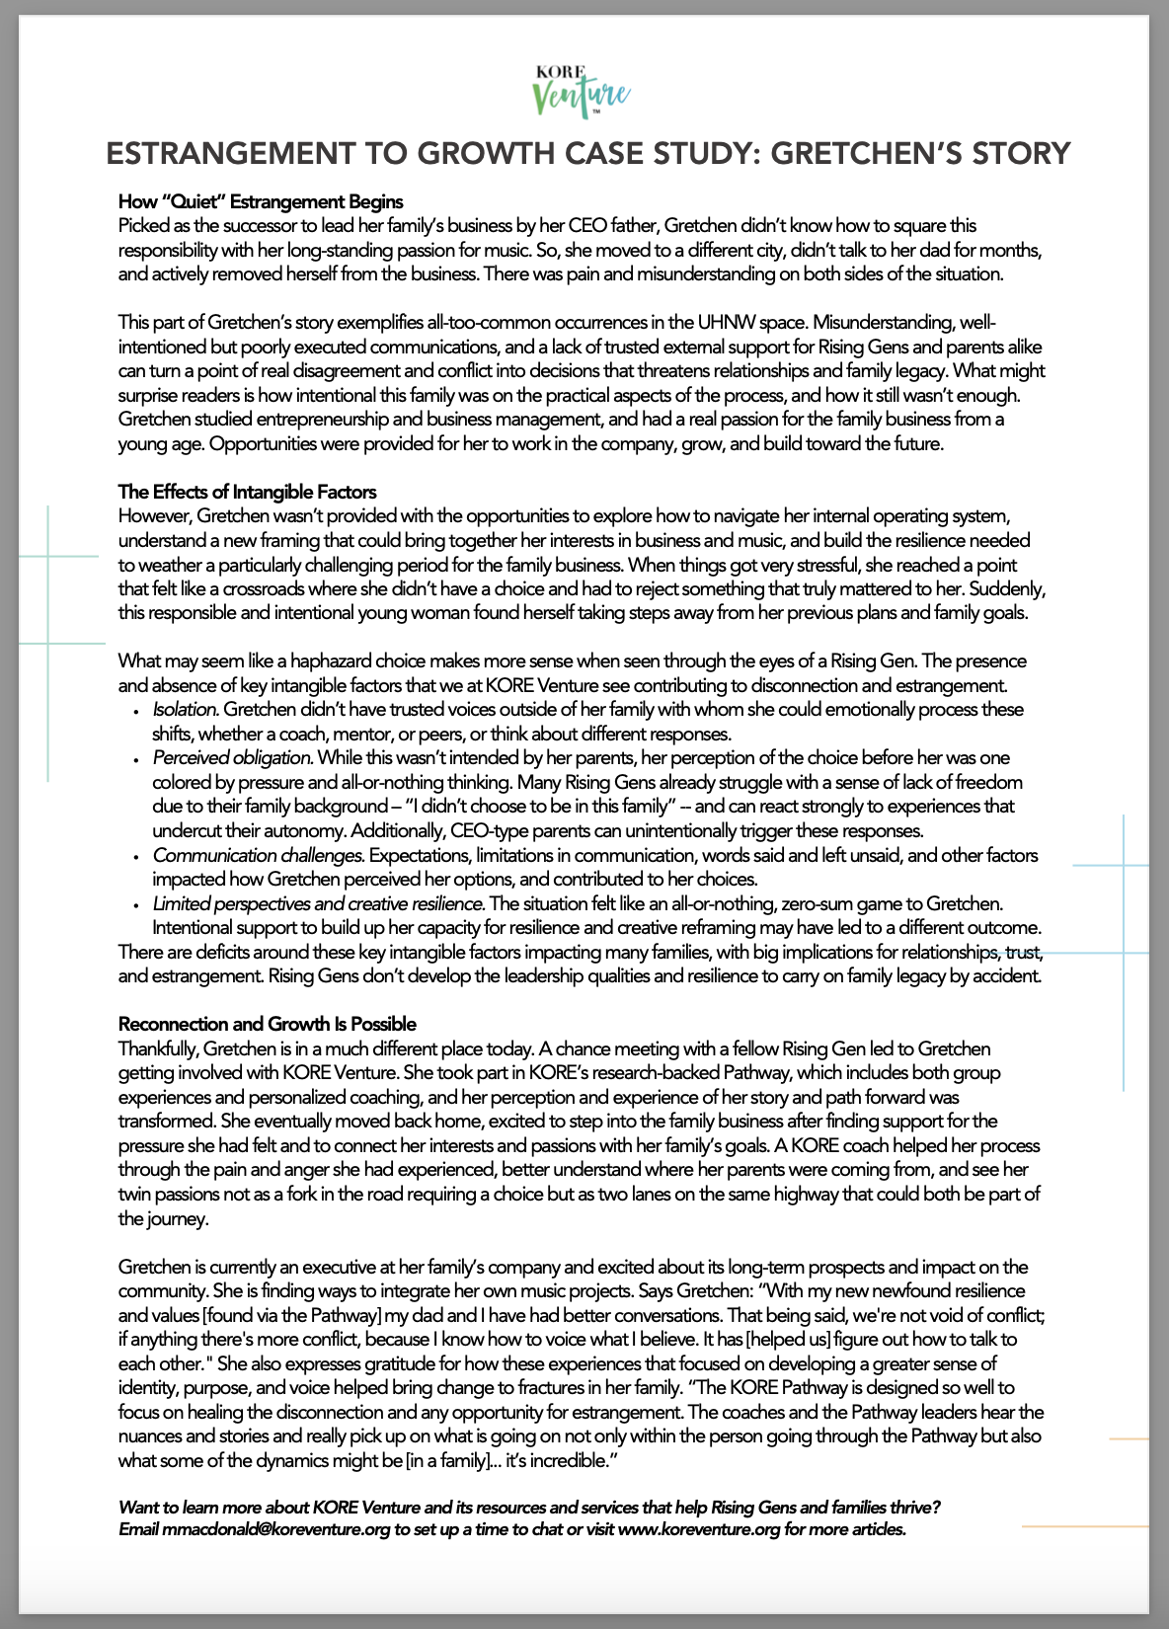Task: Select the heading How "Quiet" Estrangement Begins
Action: pos(261,202)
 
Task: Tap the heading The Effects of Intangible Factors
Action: pos(247,492)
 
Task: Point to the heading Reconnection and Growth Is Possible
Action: pos(268,1024)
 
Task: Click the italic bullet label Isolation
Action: pos(186,710)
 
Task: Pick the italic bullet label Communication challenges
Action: pos(259,855)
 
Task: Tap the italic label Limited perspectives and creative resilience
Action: pos(318,903)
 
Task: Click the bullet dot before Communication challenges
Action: pos(135,856)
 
